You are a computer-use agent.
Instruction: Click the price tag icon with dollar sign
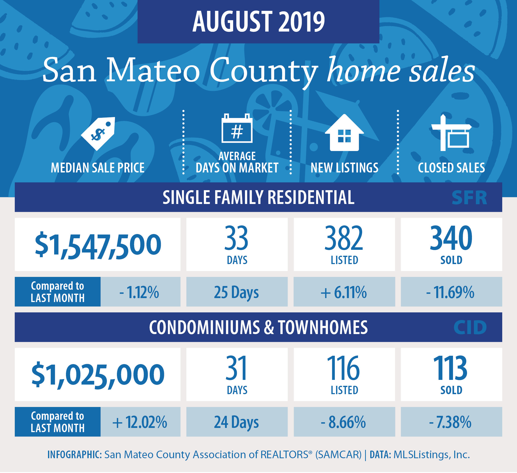pyautogui.click(x=98, y=134)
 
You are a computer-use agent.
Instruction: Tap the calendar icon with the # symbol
pyautogui.click(x=237, y=128)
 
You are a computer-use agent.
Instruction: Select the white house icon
pyautogui.click(x=344, y=133)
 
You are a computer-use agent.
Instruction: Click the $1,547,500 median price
pyautogui.click(x=98, y=245)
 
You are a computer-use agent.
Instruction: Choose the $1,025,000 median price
pyautogui.click(x=98, y=375)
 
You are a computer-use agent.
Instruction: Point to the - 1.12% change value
pyautogui.click(x=139, y=292)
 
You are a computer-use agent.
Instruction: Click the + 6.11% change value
pyautogui.click(x=344, y=292)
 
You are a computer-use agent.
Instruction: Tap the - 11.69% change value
pyautogui.click(x=450, y=292)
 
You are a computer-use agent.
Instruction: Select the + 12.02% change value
pyautogui.click(x=140, y=422)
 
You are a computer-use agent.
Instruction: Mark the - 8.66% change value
pyautogui.click(x=343, y=422)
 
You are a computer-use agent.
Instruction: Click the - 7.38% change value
pyautogui.click(x=450, y=422)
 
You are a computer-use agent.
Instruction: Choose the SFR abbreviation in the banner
pyautogui.click(x=469, y=198)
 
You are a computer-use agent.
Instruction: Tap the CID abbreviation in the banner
pyautogui.click(x=470, y=328)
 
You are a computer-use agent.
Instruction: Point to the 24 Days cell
pyautogui.click(x=236, y=423)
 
